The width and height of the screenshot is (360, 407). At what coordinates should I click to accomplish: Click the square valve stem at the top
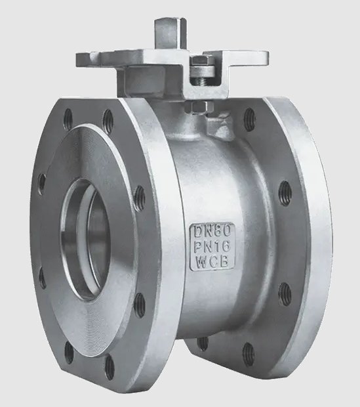coord(170,34)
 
